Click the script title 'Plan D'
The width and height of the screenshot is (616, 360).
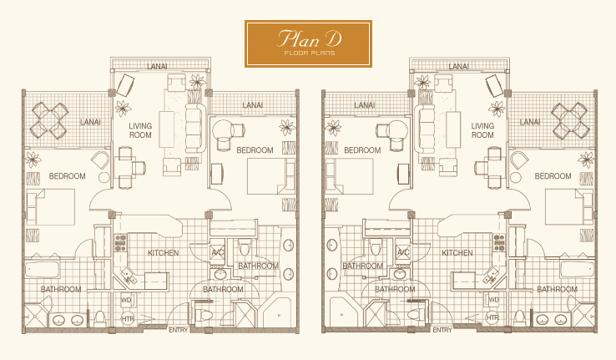coord(309,38)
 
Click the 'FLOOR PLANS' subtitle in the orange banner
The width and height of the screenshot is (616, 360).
coord(310,53)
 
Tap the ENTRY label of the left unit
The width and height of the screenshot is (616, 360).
coord(179,330)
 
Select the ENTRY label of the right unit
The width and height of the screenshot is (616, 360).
coord(442,330)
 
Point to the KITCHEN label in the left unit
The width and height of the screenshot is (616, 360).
coord(164,253)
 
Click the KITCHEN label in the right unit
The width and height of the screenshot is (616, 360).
coord(457,253)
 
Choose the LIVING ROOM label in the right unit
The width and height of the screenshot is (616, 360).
coord(482,130)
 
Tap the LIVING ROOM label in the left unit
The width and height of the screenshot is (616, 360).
coord(140,130)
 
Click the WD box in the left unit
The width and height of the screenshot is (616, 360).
coord(127,301)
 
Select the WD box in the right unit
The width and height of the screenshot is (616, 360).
coord(493,301)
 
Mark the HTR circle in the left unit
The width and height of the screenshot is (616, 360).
coord(128,319)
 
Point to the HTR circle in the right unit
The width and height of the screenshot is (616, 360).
coord(492,317)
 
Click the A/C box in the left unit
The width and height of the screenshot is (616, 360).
coord(217,252)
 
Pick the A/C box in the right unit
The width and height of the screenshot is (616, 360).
coord(402,252)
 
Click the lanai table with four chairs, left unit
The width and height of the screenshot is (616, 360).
coord(49,120)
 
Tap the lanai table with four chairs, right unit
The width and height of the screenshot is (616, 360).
coord(570,120)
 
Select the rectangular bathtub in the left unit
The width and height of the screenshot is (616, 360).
coord(43,270)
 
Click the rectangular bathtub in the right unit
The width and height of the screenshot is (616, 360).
coord(577,270)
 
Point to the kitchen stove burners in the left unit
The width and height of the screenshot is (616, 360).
coord(120,243)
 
